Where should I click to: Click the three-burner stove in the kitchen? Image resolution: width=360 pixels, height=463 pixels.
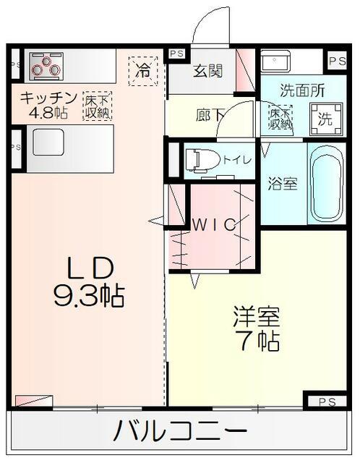pyautogui.click(x=46, y=67)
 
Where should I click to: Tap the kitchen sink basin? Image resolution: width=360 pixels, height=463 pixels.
pyautogui.click(x=48, y=142)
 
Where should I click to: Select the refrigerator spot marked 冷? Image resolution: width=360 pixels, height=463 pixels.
pyautogui.click(x=143, y=71)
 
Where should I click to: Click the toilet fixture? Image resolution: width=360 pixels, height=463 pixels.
pyautogui.click(x=203, y=161)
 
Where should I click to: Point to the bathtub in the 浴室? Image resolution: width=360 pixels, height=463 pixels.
pyautogui.click(x=327, y=183)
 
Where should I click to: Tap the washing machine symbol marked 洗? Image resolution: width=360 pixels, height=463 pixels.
pyautogui.click(x=326, y=119)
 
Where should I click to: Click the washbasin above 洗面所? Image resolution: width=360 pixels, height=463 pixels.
pyautogui.click(x=275, y=61)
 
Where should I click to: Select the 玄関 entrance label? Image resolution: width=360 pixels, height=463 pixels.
pyautogui.click(x=207, y=71)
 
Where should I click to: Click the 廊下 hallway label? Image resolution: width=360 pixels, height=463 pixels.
pyautogui.click(x=210, y=115)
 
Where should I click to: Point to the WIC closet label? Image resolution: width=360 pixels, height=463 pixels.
pyautogui.click(x=214, y=225)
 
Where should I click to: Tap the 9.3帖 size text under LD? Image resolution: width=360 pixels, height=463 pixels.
pyautogui.click(x=89, y=296)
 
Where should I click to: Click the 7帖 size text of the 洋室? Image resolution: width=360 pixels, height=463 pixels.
pyautogui.click(x=255, y=341)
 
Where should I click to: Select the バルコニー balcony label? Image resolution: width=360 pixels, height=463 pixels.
pyautogui.click(x=180, y=432)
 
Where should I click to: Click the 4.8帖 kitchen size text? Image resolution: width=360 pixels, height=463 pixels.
pyautogui.click(x=48, y=113)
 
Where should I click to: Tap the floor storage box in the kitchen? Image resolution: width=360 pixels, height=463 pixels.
pyautogui.click(x=97, y=106)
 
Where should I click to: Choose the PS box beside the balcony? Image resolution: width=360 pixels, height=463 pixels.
pyautogui.click(x=327, y=402)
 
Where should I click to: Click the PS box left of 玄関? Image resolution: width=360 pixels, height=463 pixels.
pyautogui.click(x=176, y=54)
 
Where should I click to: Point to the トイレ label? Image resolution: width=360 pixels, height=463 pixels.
pyautogui.click(x=237, y=160)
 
